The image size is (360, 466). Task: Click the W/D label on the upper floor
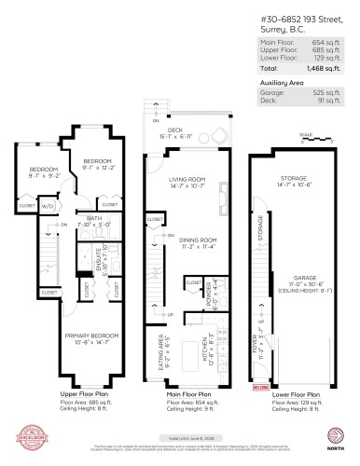47,206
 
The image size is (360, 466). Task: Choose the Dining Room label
183,245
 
